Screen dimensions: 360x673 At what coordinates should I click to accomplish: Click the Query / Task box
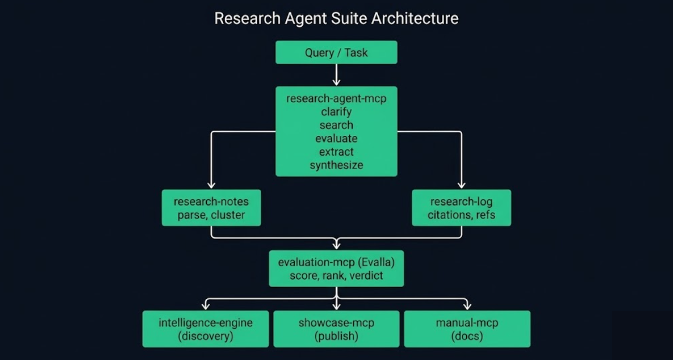pyautogui.click(x=336, y=52)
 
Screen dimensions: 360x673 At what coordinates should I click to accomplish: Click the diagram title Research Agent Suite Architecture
pyautogui.click(x=336, y=19)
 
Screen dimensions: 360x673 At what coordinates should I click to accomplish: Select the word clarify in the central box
pyautogui.click(x=336, y=112)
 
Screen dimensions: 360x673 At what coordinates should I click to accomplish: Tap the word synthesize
pyautogui.click(x=336, y=165)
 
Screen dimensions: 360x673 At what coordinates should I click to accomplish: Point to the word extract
pyautogui.click(x=336, y=152)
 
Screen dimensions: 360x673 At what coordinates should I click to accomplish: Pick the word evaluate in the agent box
pyautogui.click(x=336, y=138)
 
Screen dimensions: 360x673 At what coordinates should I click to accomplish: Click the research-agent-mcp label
pyautogui.click(x=336, y=98)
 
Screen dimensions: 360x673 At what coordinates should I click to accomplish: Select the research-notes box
pyautogui.click(x=211, y=208)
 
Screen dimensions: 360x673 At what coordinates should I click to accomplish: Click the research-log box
pyautogui.click(x=461, y=208)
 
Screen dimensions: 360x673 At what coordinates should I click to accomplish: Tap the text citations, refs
pyautogui.click(x=461, y=215)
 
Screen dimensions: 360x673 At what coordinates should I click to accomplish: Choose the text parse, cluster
pyautogui.click(x=211, y=215)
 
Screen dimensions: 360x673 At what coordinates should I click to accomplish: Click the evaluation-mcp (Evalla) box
pyautogui.click(x=336, y=268)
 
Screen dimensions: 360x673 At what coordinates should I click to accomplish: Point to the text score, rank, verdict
pyautogui.click(x=336, y=275)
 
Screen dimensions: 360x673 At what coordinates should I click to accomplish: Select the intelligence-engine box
pyautogui.click(x=206, y=329)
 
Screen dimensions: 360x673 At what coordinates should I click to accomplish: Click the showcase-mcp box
pyautogui.click(x=336, y=329)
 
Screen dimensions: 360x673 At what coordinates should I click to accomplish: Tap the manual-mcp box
pyautogui.click(x=467, y=329)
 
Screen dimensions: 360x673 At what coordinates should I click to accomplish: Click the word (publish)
pyautogui.click(x=336, y=336)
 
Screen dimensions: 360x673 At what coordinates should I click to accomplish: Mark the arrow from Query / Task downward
pyautogui.click(x=336, y=75)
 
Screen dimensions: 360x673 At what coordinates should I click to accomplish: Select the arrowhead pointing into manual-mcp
pyautogui.click(x=467, y=306)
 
